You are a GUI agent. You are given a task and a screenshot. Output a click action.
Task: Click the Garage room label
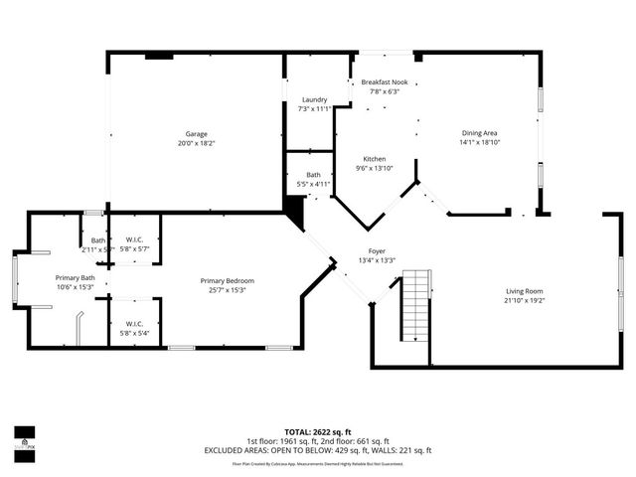tap(195, 133)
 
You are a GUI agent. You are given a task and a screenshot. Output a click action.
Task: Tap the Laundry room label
tap(314, 99)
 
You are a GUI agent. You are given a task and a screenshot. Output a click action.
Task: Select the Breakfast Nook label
tap(385, 81)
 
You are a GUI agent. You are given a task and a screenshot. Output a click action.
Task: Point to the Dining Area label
tap(479, 133)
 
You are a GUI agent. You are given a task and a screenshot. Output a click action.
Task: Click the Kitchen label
tap(374, 159)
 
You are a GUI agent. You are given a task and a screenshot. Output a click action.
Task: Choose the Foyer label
tap(377, 251)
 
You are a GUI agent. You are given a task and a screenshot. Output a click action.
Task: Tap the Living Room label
tap(524, 290)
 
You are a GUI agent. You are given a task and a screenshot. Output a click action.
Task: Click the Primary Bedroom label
tap(227, 281)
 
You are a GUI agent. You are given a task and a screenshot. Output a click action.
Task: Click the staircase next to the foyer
tap(415, 305)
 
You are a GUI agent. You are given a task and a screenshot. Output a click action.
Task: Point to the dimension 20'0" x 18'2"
tap(195, 143)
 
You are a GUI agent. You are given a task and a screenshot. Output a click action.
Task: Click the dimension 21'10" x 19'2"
tap(524, 300)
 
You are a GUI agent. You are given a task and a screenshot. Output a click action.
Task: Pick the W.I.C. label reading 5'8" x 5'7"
tap(134, 248)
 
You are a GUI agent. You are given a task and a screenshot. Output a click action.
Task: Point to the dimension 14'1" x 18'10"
tap(479, 143)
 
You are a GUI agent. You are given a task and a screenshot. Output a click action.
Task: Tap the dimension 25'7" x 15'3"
tap(227, 291)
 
